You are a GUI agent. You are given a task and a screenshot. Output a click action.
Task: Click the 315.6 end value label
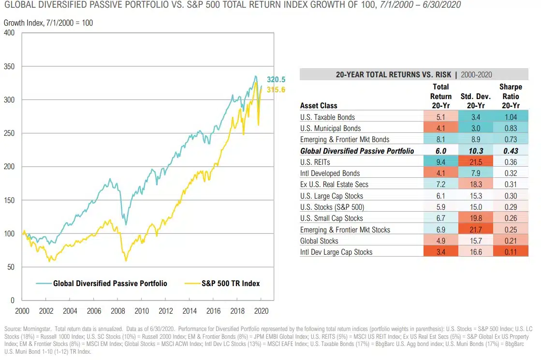pyautogui.click(x=276, y=90)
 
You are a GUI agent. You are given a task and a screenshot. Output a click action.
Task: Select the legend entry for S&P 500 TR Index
pyautogui.click(x=231, y=284)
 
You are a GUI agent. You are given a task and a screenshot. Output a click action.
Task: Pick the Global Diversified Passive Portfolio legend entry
pyautogui.click(x=110, y=284)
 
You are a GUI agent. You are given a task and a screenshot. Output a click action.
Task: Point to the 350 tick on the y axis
pyautogui.click(x=9, y=66)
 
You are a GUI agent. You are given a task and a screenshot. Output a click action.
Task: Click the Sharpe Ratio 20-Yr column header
pyautogui.click(x=511, y=96)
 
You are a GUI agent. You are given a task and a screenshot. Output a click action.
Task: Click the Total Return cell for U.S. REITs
pyautogui.click(x=441, y=162)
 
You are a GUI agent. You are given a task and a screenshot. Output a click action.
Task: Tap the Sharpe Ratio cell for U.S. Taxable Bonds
pyautogui.click(x=511, y=117)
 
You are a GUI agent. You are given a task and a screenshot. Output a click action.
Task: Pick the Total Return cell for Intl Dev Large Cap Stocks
pyautogui.click(x=441, y=252)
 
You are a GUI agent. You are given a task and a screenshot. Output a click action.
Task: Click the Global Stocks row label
pyautogui.click(x=319, y=241)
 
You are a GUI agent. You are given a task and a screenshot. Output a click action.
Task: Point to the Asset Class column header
pyautogui.click(x=319, y=105)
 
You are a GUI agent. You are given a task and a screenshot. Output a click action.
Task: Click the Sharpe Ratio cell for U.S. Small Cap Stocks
pyautogui.click(x=511, y=218)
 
